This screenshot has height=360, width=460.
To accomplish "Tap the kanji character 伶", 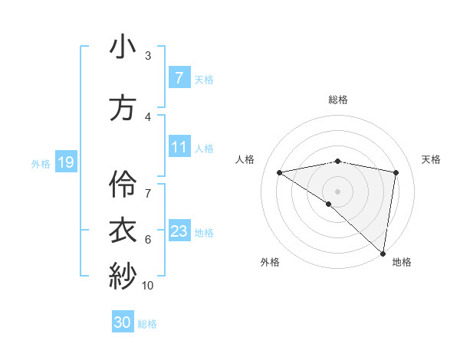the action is pos(123,183).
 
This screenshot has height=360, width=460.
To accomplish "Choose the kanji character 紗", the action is pos(123,275).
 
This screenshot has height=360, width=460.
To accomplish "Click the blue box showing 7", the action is pos(179,78).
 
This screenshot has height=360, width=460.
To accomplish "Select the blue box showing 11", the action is pos(179,147).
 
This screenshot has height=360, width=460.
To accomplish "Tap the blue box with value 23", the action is pos(179,231).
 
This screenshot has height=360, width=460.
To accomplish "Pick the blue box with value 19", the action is pos(65,162).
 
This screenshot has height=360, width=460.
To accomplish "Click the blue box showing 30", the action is pos(123,322).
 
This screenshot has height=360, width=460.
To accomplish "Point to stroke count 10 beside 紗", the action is pos(148,285).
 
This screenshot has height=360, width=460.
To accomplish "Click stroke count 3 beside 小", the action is pos(148,56).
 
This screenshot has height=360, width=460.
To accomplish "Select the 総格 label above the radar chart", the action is pos(338,100).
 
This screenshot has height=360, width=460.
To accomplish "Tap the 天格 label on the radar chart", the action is pos(432,159).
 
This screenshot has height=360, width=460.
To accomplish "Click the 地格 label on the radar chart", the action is pos(402,262).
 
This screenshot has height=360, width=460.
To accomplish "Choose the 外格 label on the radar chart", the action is pos(270,262).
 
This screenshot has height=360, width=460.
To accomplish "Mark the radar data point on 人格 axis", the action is pos(280,172).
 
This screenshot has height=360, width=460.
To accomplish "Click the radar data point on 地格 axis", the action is pos(383,253).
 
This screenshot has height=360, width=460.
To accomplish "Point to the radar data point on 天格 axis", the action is pos(396,172).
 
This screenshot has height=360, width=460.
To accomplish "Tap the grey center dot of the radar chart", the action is pos(338,191).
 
